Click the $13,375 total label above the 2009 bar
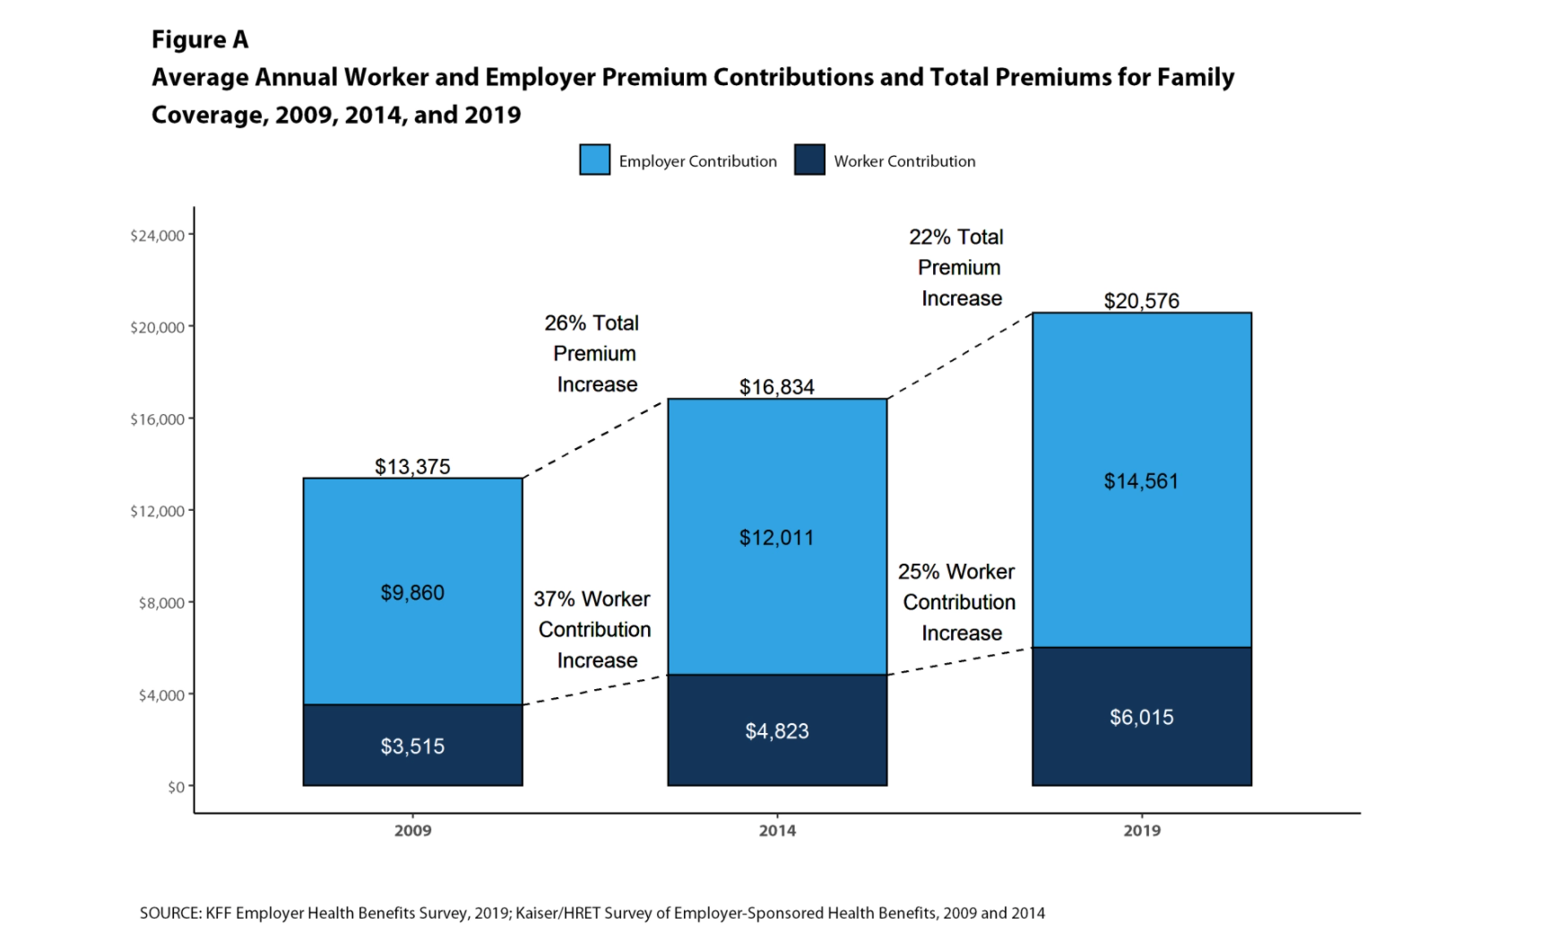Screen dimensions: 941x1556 coord(412,467)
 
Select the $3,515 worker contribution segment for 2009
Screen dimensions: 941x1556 coord(412,746)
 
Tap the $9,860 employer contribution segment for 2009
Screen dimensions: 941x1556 coord(412,592)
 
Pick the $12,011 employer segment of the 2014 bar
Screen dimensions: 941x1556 coord(777,538)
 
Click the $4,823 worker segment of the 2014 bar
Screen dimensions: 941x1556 coord(777,731)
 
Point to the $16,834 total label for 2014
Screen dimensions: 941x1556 coord(777,387)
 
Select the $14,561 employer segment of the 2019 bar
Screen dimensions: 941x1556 coord(1141,481)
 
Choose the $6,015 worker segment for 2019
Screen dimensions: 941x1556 coord(1141,717)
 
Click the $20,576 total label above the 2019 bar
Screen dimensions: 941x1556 coord(1141,301)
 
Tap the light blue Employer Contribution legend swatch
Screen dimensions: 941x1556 coord(595,160)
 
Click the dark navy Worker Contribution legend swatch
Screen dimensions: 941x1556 coord(809,160)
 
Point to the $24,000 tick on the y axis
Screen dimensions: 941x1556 coord(158,236)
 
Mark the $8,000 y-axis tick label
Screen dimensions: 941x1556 coord(161,603)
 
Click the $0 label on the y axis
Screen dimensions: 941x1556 coord(176,787)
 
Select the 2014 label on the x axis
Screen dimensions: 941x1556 coord(777,831)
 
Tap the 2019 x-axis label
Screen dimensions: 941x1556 coord(1141,831)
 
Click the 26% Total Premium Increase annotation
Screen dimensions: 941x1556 coord(594,353)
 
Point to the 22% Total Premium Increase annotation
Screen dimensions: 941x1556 coord(958,267)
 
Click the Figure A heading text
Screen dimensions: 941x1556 coord(200,39)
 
